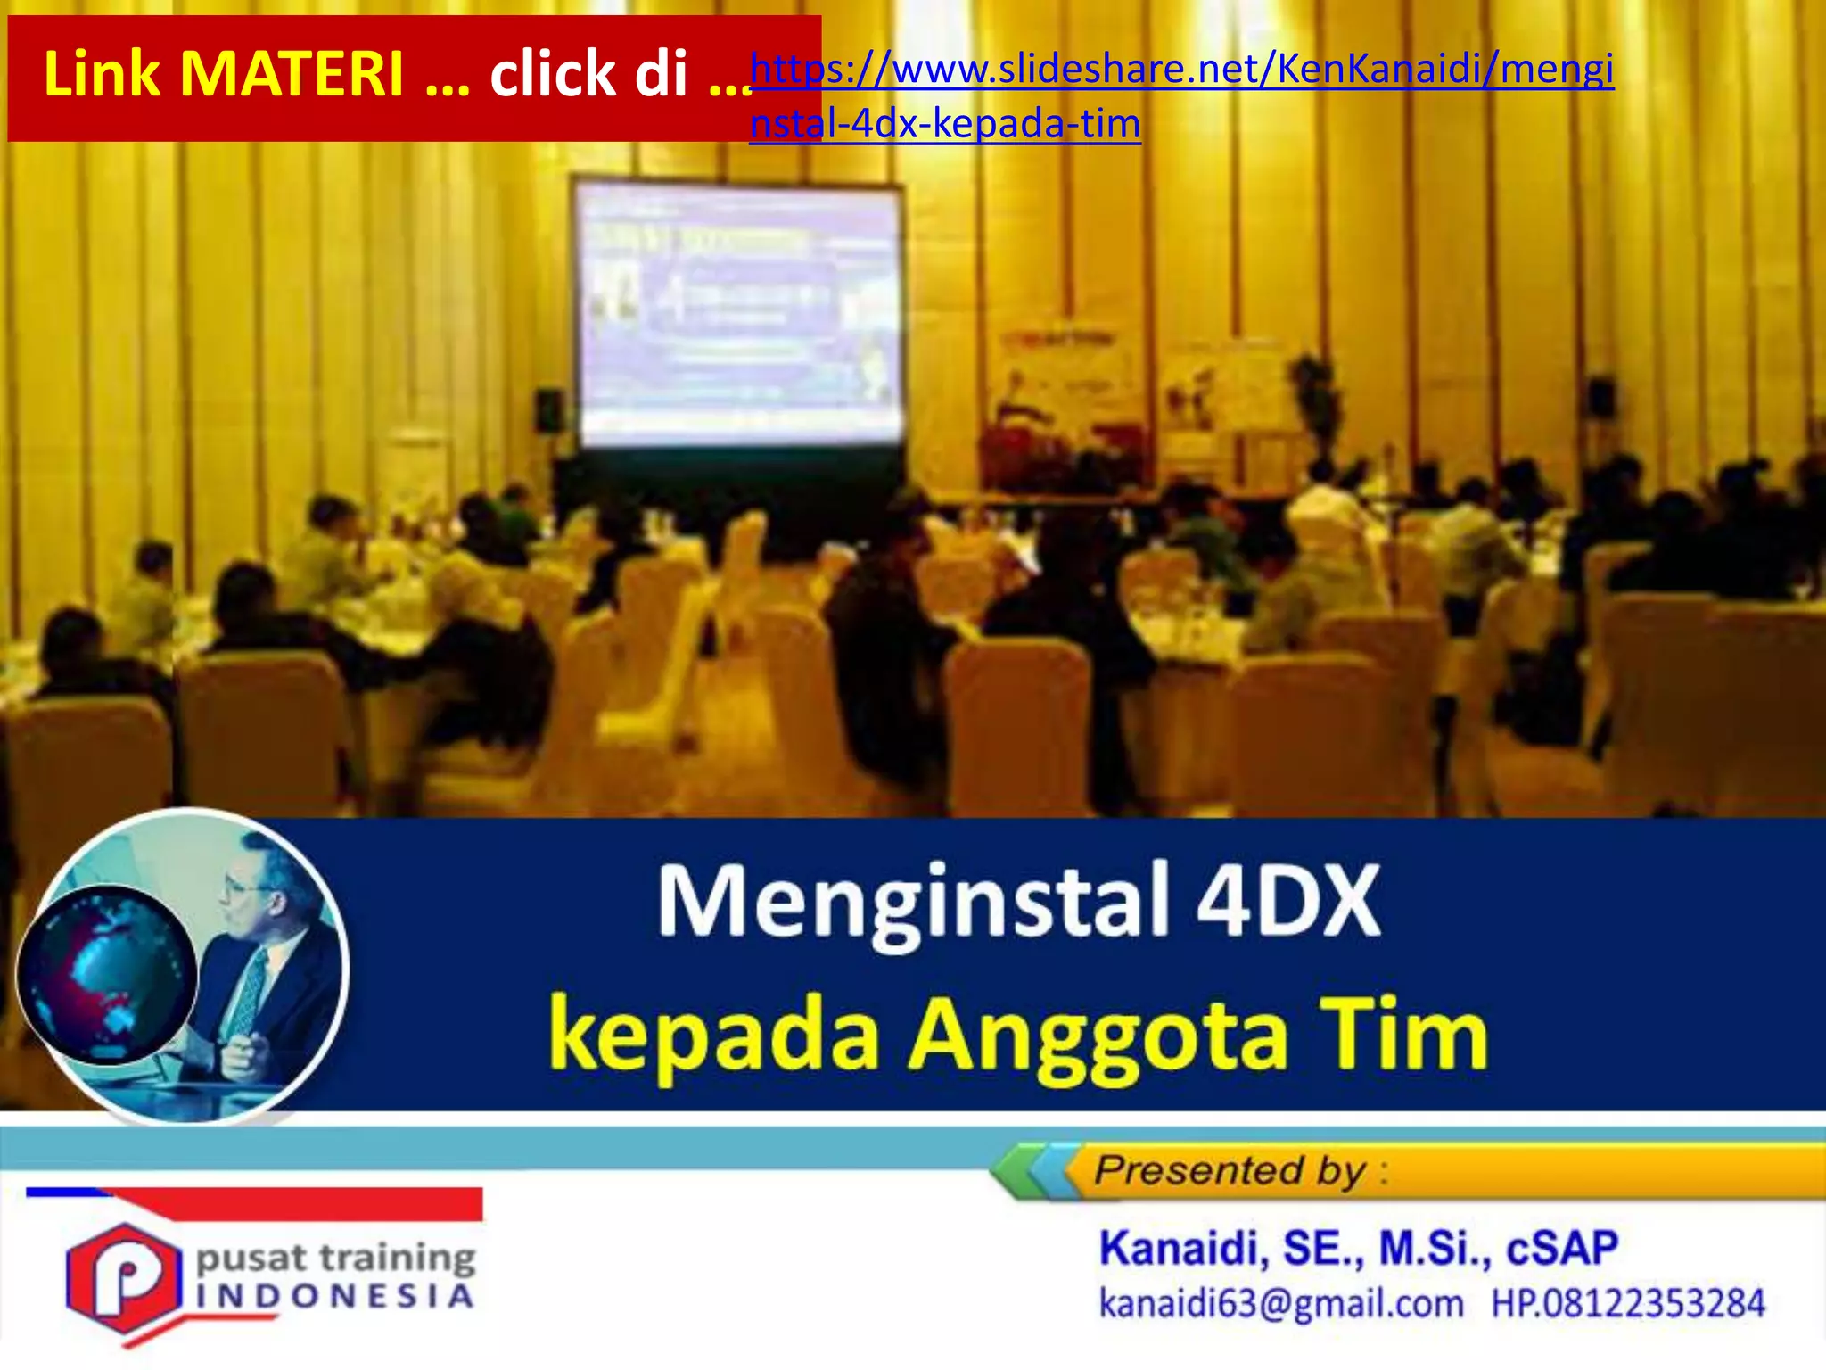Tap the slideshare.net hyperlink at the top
click(x=1181, y=70)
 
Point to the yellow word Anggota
click(x=1098, y=1037)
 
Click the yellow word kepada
click(x=713, y=1037)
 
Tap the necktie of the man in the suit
click(x=251, y=990)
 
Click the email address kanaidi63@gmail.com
click(x=1280, y=1303)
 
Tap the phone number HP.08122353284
click(x=1628, y=1303)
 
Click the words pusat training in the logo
click(x=335, y=1259)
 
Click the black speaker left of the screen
click(x=549, y=410)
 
